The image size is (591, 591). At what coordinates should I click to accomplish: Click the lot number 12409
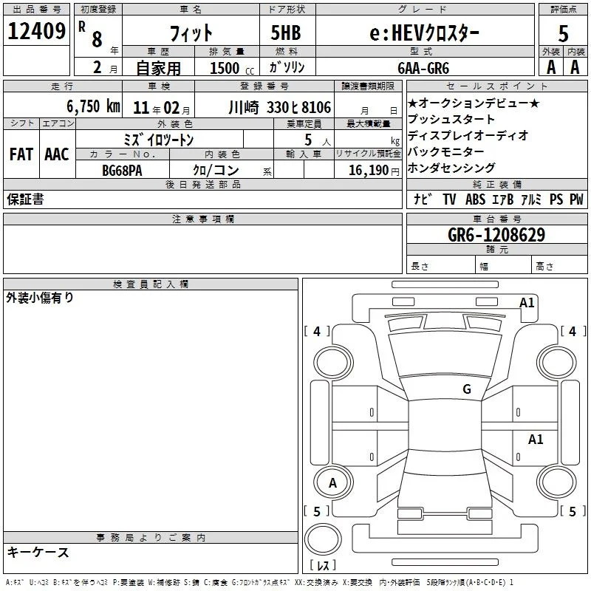pyautogui.click(x=36, y=31)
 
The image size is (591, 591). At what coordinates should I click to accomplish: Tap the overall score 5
pyautogui.click(x=563, y=34)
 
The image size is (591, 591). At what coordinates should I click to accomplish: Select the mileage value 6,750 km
pyautogui.click(x=94, y=106)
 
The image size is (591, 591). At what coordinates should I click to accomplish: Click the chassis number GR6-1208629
pyautogui.click(x=496, y=235)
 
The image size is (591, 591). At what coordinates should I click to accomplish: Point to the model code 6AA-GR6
pyautogui.click(x=423, y=68)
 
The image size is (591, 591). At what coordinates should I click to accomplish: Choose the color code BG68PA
pyautogui.click(x=122, y=171)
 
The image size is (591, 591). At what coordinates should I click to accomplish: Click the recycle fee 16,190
pyautogui.click(x=368, y=170)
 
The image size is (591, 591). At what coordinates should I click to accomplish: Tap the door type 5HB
pyautogui.click(x=286, y=33)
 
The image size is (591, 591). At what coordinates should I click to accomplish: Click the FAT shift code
pyautogui.click(x=21, y=154)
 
